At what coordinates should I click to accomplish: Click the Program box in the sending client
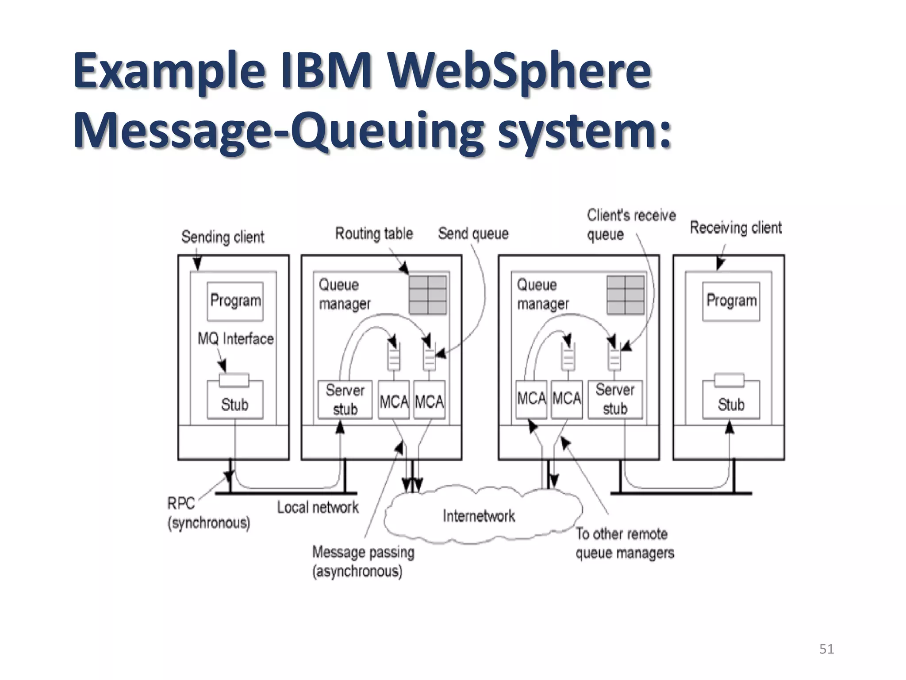(235, 301)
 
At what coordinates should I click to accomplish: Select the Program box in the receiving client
(731, 301)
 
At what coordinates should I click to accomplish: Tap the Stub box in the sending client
(235, 404)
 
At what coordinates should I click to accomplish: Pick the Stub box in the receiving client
(731, 404)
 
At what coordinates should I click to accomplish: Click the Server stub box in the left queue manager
(345, 399)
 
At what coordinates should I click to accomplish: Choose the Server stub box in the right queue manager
(615, 399)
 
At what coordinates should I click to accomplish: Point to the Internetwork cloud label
(479, 516)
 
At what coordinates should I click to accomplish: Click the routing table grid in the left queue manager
(427, 295)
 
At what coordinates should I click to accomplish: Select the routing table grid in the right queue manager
(625, 295)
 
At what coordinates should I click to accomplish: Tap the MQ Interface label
(235, 339)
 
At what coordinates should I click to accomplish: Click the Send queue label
(473, 233)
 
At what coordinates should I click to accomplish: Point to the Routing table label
(374, 233)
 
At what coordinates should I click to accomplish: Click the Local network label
(318, 507)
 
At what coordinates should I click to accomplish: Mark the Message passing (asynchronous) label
(363, 561)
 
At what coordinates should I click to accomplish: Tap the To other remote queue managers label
(625, 543)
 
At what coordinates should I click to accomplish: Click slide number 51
(826, 649)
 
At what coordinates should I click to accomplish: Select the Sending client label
(223, 237)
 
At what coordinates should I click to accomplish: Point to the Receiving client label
(736, 228)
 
